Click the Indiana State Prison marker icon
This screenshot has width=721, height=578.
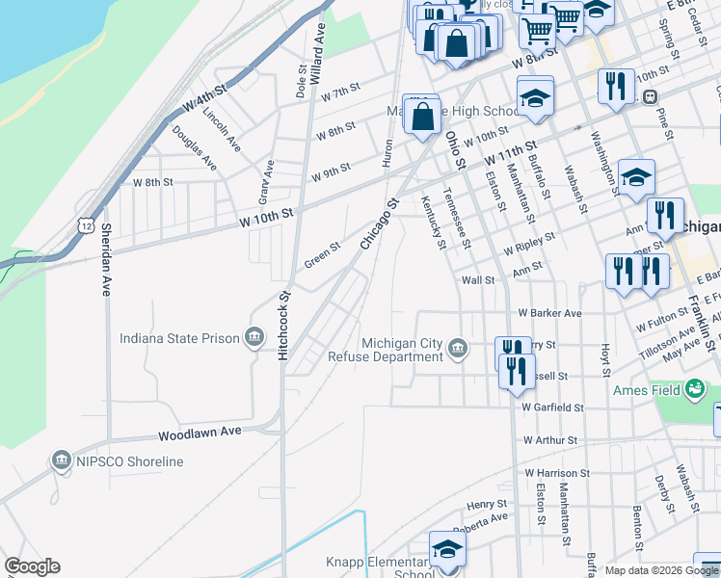click(x=254, y=337)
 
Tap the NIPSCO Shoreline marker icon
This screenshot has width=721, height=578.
click(x=63, y=461)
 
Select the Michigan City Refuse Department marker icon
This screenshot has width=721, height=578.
click(x=458, y=349)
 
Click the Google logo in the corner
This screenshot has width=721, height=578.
click(x=32, y=566)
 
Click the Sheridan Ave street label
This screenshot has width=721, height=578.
click(x=106, y=259)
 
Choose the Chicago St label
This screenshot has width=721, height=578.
click(x=379, y=224)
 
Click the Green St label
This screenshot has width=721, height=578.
click(x=322, y=254)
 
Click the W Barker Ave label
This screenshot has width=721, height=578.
click(x=549, y=313)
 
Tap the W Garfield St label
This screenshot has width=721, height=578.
click(x=552, y=407)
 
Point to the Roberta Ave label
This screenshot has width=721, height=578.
click(x=486, y=517)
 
